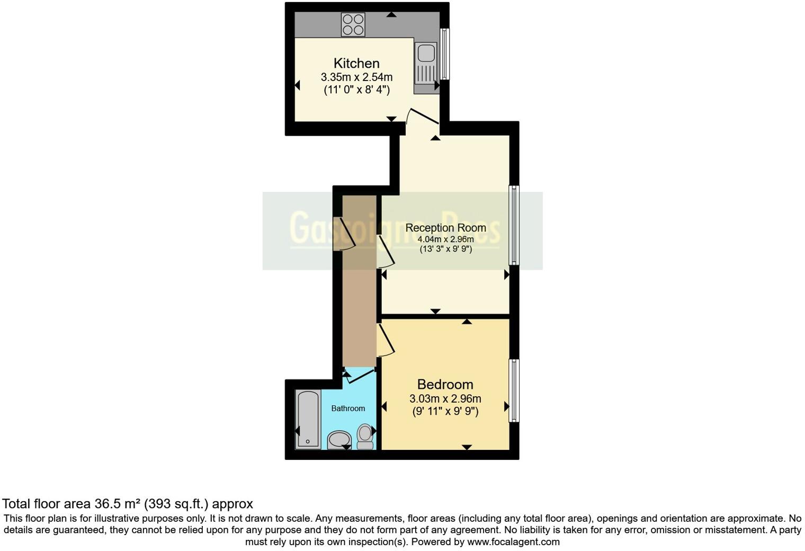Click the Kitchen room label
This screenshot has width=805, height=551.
point(356,63)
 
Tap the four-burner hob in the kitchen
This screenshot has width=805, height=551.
point(353,24)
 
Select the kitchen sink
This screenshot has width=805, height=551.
point(426,54)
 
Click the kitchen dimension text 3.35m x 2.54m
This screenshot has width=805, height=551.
point(356,77)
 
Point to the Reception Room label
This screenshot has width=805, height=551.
point(445,228)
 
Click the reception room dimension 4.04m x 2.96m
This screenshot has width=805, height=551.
point(445,239)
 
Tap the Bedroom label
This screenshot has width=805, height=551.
point(445,384)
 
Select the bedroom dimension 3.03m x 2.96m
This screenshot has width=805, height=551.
point(445,398)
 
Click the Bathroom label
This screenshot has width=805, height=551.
point(348,408)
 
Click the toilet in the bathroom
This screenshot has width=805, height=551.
point(365,436)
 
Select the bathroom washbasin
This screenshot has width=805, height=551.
point(339,439)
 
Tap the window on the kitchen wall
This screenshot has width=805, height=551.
point(445,54)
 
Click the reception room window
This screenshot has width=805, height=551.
point(513,225)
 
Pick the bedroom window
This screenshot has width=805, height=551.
point(513,390)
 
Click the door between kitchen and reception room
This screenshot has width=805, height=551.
point(422,118)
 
